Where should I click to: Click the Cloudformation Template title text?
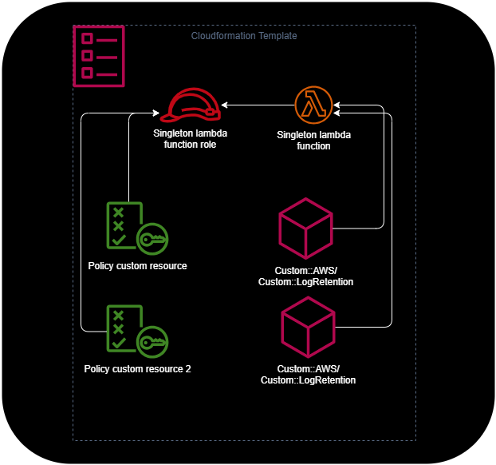[244, 36]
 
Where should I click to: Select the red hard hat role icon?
[195, 105]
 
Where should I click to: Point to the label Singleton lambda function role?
[185, 139]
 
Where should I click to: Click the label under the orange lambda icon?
[313, 141]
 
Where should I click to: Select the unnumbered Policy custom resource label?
[137, 265]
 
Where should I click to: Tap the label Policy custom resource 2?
[137, 369]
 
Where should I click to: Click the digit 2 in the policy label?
[187, 369]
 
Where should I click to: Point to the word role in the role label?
[207, 145]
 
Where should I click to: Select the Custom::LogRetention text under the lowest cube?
[308, 380]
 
